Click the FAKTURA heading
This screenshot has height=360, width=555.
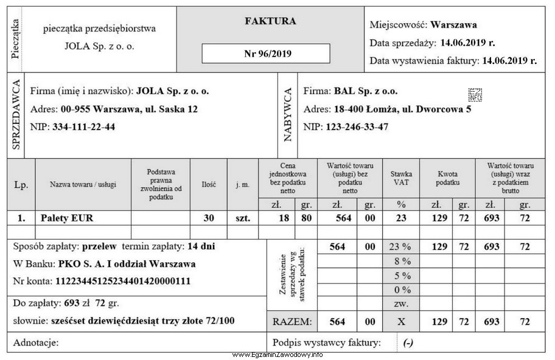click(x=270, y=21)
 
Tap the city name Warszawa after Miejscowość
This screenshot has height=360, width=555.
click(x=453, y=25)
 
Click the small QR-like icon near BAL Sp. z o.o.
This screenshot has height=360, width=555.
click(x=475, y=94)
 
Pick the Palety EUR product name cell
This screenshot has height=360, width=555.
click(x=67, y=217)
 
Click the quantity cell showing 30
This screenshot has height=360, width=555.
click(x=208, y=217)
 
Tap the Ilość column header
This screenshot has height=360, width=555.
click(x=208, y=184)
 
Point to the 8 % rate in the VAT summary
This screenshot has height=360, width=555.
click(x=400, y=261)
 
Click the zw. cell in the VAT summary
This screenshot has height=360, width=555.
click(x=400, y=303)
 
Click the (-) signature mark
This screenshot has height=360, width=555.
click(x=408, y=343)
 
